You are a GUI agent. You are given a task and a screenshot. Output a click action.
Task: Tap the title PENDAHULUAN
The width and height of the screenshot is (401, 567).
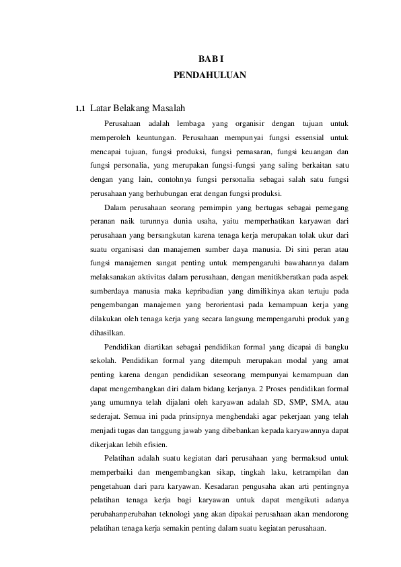pyautogui.click(x=209, y=75)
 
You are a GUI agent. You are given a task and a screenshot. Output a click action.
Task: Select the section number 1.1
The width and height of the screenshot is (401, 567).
pyautogui.click(x=80, y=108)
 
